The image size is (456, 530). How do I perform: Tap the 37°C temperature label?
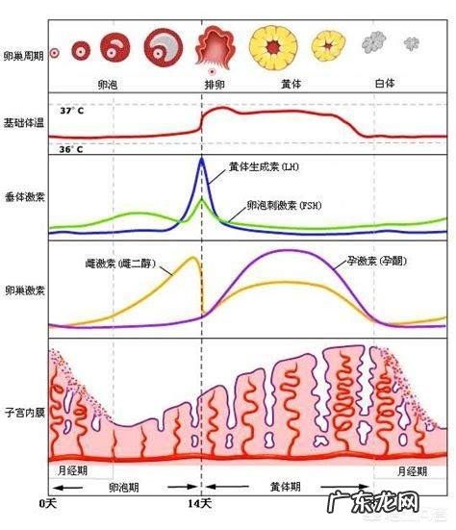coord(71,112)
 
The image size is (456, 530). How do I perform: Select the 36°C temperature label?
coord(71,150)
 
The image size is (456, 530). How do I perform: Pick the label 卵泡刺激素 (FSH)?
coord(290,205)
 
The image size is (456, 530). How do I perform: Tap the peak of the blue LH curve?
coord(201,158)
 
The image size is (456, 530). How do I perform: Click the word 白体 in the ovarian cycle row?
coord(386,85)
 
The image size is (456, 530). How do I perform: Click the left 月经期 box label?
coord(74,471)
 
